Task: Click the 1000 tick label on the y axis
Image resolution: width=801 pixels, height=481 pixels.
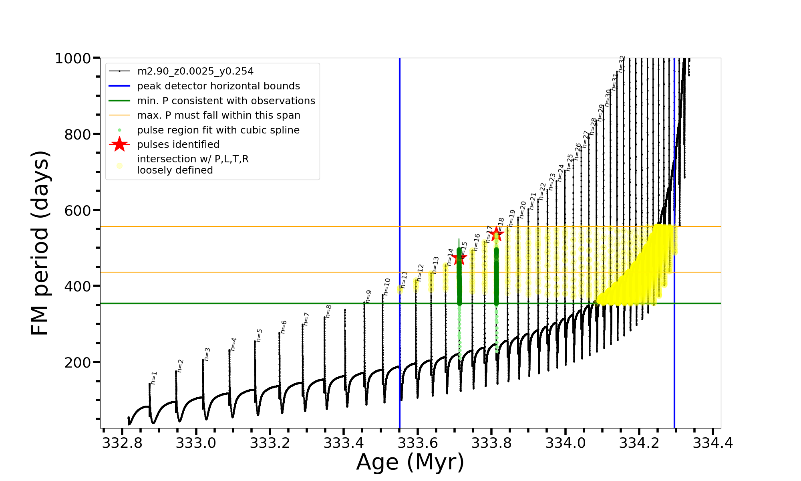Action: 73,59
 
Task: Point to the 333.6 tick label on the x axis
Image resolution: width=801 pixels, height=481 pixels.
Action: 418,443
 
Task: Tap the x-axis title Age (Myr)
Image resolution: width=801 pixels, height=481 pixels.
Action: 410,462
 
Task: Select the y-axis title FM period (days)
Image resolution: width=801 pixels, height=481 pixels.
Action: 41,243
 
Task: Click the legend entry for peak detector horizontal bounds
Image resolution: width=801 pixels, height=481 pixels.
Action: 218,86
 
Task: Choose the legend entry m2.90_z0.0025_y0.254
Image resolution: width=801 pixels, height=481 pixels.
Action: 195,71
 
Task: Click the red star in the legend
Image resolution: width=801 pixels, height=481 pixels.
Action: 119,144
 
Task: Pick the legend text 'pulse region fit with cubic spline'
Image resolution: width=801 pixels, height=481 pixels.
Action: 218,130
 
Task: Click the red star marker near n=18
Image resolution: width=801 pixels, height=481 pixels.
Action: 497,234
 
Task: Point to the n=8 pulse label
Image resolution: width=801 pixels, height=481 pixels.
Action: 329,311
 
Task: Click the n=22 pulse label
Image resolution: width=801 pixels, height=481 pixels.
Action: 543,191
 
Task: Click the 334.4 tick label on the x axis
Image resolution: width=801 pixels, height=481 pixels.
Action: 713,443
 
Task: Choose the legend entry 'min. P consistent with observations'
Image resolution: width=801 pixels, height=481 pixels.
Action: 226,101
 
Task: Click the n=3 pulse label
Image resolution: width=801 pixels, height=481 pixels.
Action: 207,354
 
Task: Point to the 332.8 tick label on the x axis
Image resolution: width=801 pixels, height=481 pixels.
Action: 122,443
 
